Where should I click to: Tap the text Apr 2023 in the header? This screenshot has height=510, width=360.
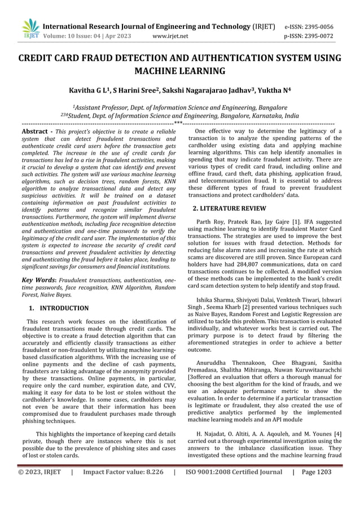[x=117, y=36]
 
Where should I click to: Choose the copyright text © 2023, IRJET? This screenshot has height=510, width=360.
[x=38, y=472]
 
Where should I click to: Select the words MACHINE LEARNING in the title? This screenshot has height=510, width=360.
[x=180, y=71]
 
